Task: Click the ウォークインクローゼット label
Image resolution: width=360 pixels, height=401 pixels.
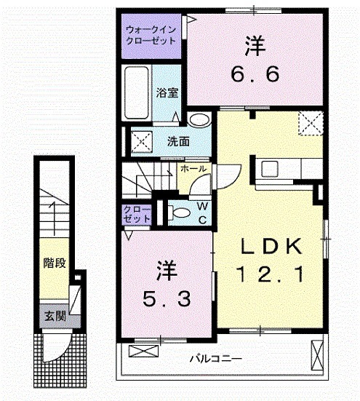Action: click(151, 36)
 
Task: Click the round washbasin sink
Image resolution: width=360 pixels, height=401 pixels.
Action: click(197, 120)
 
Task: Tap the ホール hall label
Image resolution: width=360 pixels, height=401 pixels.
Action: click(193, 168)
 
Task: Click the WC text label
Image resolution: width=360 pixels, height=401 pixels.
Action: click(203, 213)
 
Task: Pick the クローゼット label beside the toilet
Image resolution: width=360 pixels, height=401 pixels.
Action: click(136, 213)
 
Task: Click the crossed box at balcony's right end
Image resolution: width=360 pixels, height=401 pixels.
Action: click(316, 355)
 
